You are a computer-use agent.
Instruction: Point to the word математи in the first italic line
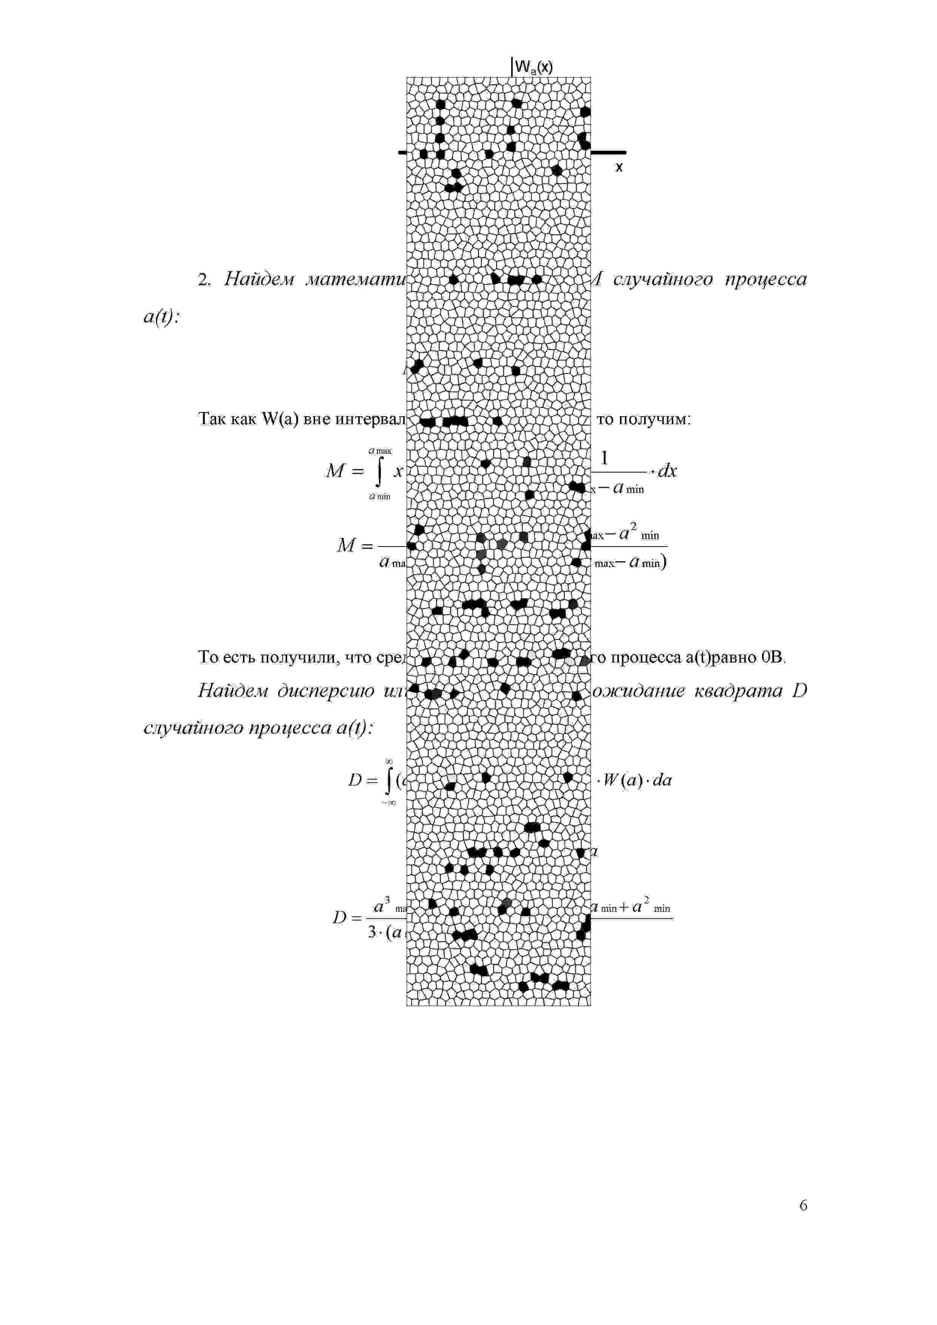click(356, 280)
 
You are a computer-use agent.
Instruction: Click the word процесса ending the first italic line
click(765, 280)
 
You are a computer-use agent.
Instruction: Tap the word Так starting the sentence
click(211, 419)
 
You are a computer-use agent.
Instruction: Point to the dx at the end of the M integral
click(667, 471)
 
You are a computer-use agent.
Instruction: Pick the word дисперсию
click(326, 691)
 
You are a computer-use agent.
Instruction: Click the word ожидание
click(638, 691)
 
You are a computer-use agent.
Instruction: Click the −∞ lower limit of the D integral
click(388, 803)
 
